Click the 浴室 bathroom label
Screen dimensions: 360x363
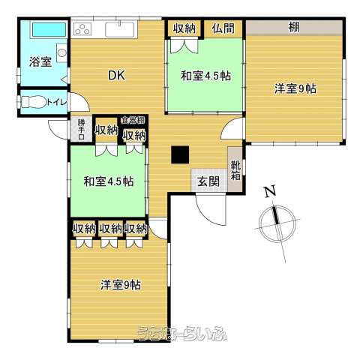click(40, 62)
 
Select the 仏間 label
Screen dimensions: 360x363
click(223, 28)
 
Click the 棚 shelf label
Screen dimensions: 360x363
click(294, 28)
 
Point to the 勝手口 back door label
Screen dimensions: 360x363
click(81, 129)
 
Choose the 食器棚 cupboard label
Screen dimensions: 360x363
click(135, 120)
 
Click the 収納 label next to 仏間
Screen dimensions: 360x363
click(184, 28)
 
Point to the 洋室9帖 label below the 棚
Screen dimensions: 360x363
click(295, 88)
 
